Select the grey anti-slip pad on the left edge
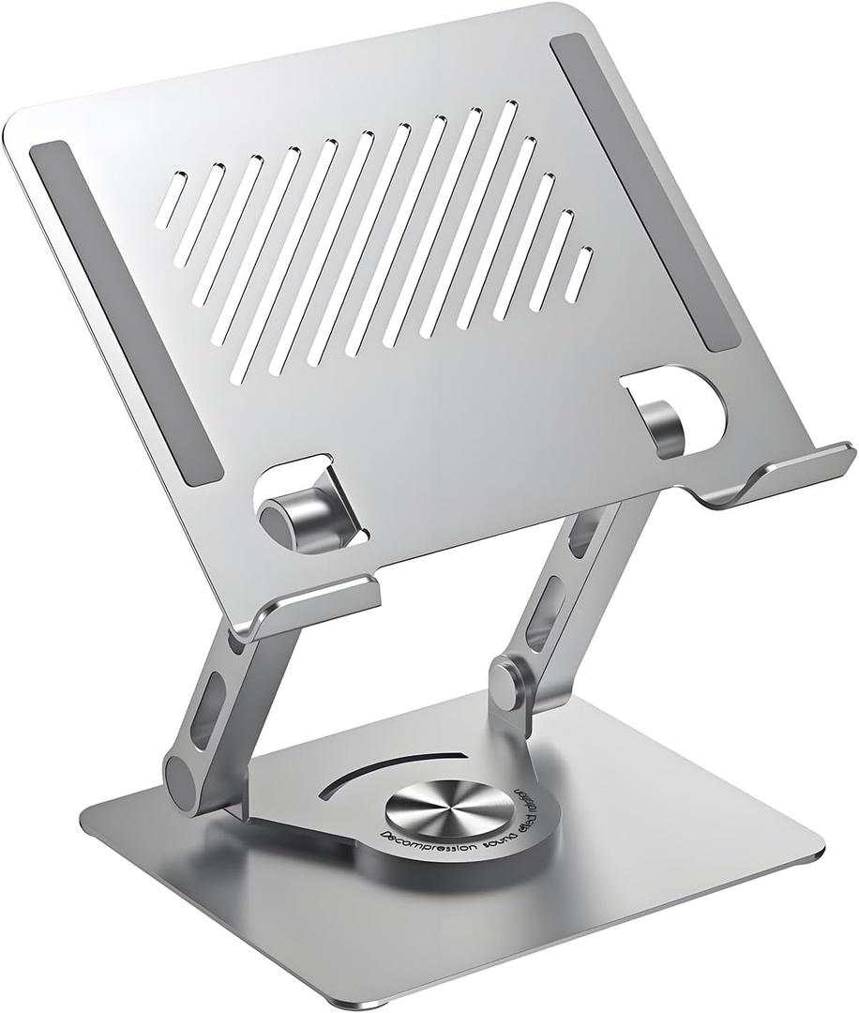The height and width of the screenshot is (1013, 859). click(x=125, y=313)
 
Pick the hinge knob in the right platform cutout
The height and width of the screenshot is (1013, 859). click(x=668, y=426)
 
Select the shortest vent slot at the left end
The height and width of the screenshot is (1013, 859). click(x=163, y=202)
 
